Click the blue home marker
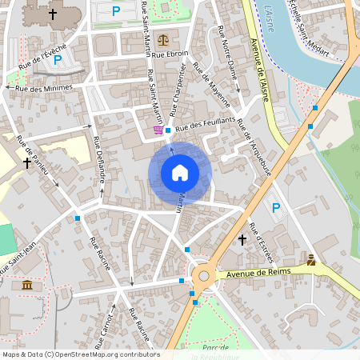tap(180, 173)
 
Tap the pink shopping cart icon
tap(158, 129)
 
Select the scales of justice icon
tap(164, 38)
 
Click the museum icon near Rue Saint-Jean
tap(27, 285)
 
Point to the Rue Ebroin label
tap(170, 54)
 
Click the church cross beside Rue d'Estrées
tap(242, 239)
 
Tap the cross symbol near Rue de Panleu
tap(27, 162)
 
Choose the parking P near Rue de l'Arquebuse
tap(276, 208)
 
